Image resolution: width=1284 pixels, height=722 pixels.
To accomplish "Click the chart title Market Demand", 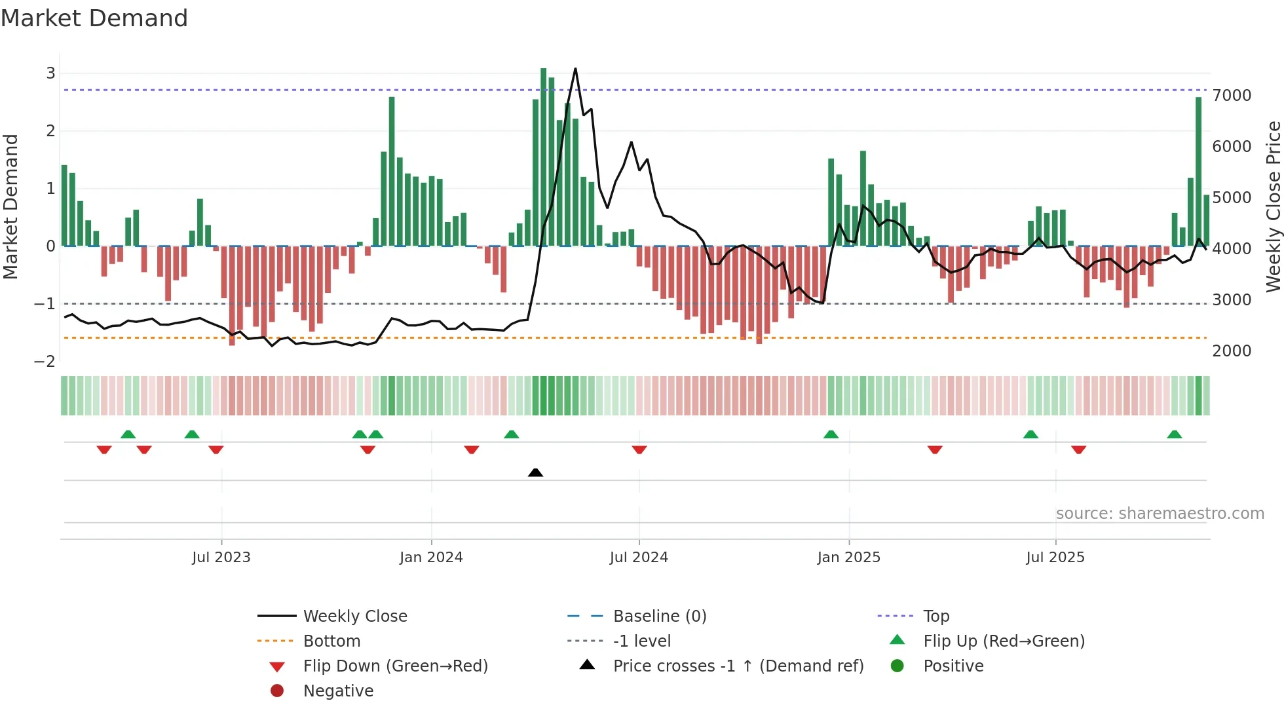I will click(x=94, y=18).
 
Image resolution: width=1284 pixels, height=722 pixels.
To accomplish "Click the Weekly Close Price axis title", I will click(x=1273, y=206).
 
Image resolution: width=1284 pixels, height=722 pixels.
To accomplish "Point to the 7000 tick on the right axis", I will click(x=1232, y=96).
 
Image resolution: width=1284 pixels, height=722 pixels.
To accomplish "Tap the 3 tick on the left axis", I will click(x=50, y=73).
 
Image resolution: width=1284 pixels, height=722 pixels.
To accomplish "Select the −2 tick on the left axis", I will click(x=45, y=362).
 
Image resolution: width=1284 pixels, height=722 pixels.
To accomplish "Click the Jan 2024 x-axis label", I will click(x=431, y=558).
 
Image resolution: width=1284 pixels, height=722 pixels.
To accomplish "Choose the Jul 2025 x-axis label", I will click(x=1055, y=558).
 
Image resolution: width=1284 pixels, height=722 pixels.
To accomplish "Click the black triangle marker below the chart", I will click(x=535, y=472).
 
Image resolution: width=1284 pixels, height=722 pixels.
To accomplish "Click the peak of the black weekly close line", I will click(x=575, y=69).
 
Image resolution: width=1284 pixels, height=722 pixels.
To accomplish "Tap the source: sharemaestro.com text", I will click(x=1160, y=514).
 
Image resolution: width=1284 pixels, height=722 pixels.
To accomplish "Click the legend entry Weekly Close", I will click(x=354, y=617).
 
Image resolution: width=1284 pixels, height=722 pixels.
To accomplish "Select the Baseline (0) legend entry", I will click(x=659, y=617).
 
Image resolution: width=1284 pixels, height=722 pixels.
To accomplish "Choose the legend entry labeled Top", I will click(x=935, y=617).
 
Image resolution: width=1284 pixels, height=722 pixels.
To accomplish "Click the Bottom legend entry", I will click(x=331, y=641).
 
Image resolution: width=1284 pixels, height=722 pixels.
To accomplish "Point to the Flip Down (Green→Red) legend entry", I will click(x=395, y=666).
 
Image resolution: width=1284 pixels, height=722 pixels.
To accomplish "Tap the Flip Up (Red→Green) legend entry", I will click(x=1004, y=641).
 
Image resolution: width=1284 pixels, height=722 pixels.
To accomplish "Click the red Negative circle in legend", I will click(x=277, y=691).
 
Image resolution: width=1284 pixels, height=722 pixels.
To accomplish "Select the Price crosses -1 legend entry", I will click(x=738, y=666).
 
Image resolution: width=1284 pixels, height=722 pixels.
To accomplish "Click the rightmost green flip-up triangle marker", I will click(x=1174, y=434).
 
